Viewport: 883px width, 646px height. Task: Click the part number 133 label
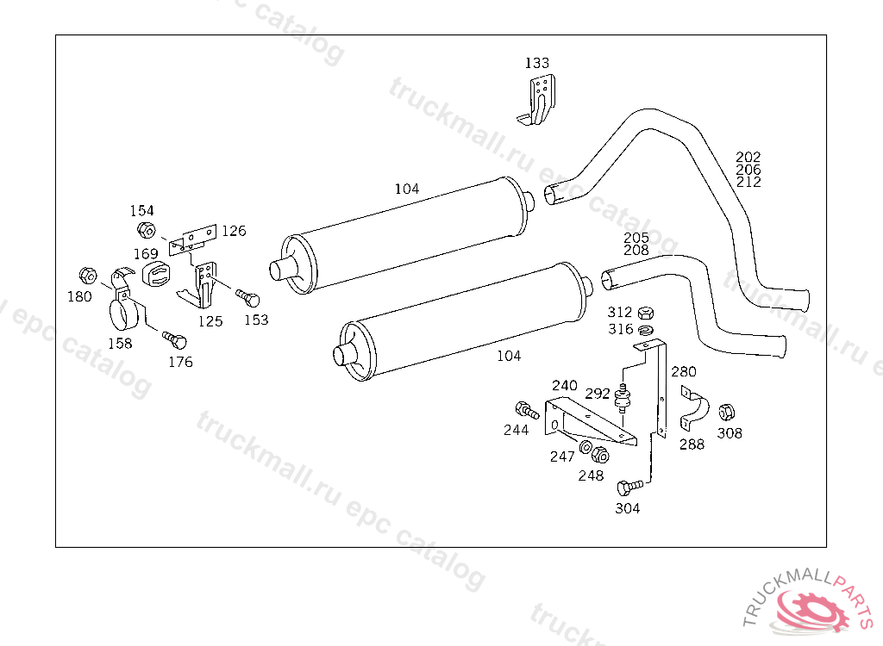(536, 63)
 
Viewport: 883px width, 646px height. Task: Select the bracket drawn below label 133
(538, 100)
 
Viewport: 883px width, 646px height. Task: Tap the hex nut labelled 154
(146, 230)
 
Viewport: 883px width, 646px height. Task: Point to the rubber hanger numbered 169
(156, 274)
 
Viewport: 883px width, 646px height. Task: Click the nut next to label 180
(88, 276)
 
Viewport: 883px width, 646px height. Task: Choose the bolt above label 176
(174, 340)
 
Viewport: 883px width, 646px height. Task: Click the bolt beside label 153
(247, 298)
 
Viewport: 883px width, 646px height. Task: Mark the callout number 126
(234, 231)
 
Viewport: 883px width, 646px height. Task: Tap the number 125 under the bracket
(210, 321)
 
